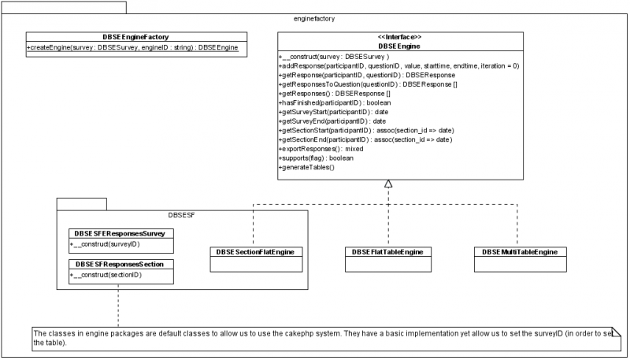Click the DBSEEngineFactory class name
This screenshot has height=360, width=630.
point(136,36)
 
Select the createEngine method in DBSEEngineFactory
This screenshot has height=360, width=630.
point(133,48)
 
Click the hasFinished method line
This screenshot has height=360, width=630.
point(335,102)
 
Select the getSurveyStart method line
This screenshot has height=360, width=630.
point(332,112)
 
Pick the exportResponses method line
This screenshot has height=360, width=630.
point(321,148)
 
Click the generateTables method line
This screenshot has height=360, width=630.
point(307,167)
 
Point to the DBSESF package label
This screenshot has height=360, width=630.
point(183,213)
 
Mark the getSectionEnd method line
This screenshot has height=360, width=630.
point(365,139)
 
